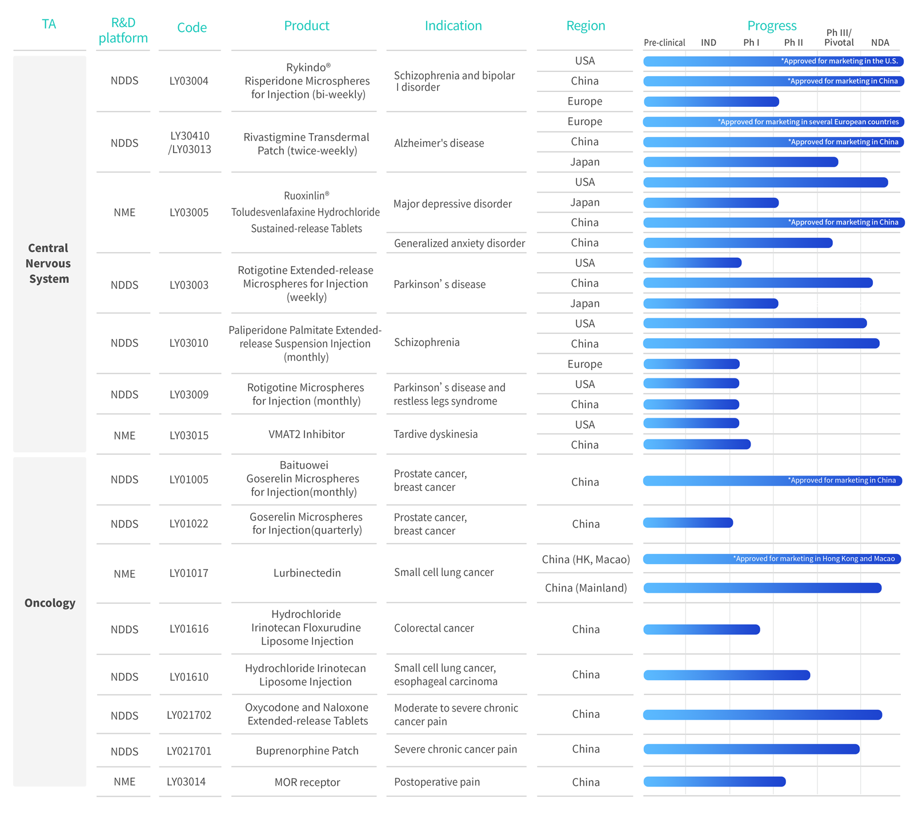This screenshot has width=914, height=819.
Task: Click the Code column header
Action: click(x=192, y=27)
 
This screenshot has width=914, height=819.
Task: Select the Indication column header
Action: click(x=453, y=26)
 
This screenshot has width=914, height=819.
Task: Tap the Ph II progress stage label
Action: click(x=793, y=42)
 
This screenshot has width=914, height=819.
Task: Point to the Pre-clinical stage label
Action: click(x=664, y=42)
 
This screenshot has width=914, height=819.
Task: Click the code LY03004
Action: click(x=189, y=81)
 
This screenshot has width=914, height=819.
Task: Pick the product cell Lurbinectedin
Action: click(x=307, y=573)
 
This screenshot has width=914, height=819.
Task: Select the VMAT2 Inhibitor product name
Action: click(x=307, y=434)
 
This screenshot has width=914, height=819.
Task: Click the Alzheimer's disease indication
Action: click(x=439, y=143)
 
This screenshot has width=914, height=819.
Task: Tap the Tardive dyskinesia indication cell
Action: click(x=435, y=434)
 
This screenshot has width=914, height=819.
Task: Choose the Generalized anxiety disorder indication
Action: click(x=459, y=243)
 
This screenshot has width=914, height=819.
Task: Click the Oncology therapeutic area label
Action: click(x=50, y=603)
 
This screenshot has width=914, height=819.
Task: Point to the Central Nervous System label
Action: click(x=49, y=263)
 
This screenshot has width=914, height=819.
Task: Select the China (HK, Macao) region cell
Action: click(x=586, y=560)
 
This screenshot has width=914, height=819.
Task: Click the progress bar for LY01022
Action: click(x=688, y=522)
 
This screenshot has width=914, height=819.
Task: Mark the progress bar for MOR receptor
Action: click(x=714, y=781)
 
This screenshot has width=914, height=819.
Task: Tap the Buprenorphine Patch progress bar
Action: click(x=751, y=749)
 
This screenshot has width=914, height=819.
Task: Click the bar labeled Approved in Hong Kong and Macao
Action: click(x=772, y=559)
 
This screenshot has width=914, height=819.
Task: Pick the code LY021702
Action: click(x=189, y=716)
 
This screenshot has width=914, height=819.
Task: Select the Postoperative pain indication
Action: click(x=437, y=782)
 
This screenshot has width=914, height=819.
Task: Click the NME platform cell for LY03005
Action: click(x=125, y=213)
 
